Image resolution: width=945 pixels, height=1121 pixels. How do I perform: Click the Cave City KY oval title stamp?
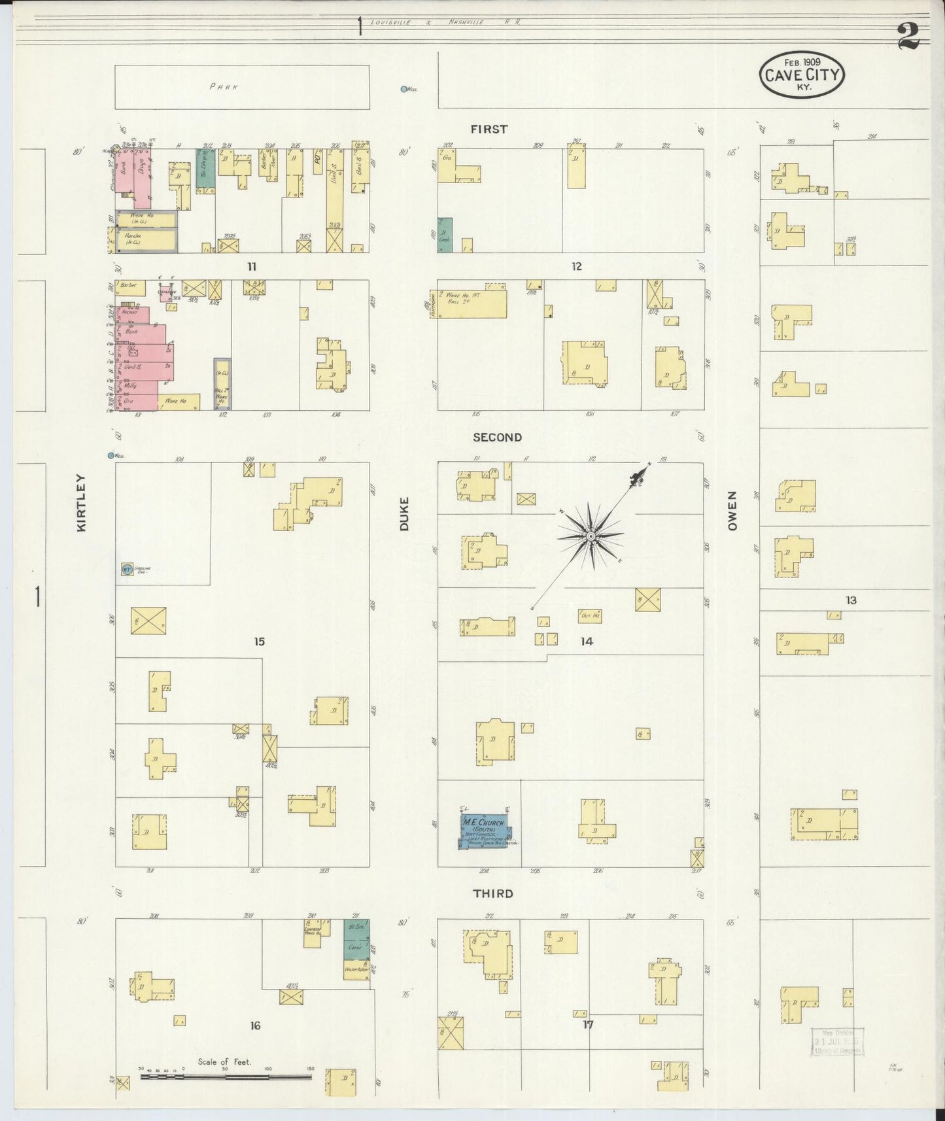click(802, 75)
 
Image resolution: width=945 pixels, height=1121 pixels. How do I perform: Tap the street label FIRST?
click(489, 129)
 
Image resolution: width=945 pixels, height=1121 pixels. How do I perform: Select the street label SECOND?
click(497, 438)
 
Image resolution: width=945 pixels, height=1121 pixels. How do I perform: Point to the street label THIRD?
click(493, 894)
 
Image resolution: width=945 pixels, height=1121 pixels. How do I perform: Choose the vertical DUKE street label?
click(404, 513)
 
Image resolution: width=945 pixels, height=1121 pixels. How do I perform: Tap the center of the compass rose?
click(591, 536)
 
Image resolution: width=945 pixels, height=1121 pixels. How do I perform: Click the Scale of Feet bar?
click(226, 1075)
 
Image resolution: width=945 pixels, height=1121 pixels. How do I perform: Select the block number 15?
click(260, 642)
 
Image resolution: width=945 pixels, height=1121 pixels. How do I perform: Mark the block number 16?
click(255, 1026)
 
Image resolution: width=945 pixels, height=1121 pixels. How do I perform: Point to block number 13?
click(850, 600)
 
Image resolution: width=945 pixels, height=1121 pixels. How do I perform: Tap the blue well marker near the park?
click(404, 89)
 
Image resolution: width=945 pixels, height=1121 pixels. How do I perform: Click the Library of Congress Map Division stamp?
click(838, 1041)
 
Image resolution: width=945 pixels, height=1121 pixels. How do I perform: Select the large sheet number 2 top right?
click(908, 37)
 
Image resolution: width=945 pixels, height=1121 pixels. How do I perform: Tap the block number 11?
click(251, 267)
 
